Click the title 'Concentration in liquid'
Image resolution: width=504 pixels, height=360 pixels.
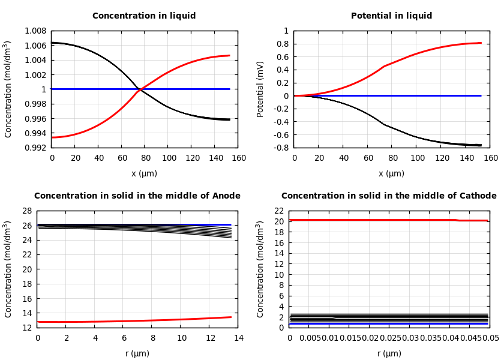click(144, 16)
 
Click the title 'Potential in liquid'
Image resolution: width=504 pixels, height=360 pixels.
click(391, 16)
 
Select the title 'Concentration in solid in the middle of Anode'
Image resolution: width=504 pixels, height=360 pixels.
click(137, 196)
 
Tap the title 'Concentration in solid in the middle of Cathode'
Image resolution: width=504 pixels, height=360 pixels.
click(389, 196)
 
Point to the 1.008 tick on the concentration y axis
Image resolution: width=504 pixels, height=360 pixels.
click(35, 31)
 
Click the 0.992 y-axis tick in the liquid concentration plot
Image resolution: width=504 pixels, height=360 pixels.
click(35, 148)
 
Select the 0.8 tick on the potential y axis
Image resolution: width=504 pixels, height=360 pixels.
click(282, 44)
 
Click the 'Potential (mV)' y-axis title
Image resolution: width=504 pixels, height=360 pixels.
click(260, 89)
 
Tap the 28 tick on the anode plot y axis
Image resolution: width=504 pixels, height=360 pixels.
click(26, 211)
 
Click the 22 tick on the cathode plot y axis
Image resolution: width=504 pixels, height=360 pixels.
click(278, 211)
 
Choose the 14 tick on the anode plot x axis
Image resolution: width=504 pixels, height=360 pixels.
click(238, 338)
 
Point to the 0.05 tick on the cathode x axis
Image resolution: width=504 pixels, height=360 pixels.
click(490, 338)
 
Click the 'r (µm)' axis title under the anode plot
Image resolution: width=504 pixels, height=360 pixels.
click(137, 354)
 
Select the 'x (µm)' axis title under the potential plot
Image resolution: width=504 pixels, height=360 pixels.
click(391, 174)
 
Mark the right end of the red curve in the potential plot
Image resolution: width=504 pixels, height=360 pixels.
click(481, 43)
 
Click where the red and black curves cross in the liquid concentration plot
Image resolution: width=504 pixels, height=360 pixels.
click(140, 89)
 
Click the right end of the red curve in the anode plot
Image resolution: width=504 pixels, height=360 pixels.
click(230, 317)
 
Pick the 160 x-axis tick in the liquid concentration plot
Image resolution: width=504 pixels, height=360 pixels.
click(238, 158)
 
